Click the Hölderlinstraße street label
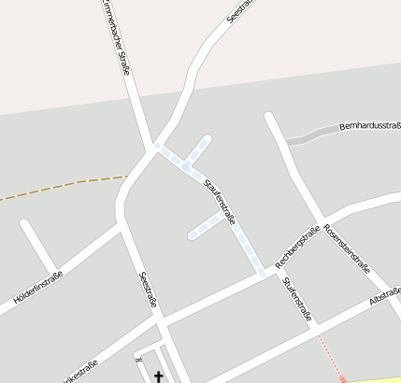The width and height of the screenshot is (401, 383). [x=37, y=288]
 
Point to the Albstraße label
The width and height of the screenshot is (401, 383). [x=384, y=296]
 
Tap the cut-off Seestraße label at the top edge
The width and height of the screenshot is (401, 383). [x=240, y=10]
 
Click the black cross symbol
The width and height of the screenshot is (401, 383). [x=158, y=377]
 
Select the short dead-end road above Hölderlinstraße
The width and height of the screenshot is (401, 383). [x=37, y=245]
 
